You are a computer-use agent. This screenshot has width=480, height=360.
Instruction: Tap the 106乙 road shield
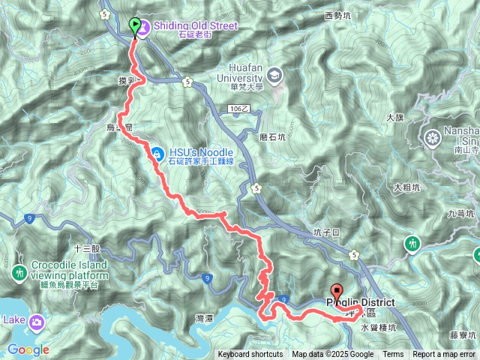tap(236, 109)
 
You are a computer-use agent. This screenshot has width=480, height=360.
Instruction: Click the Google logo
tap(28, 349)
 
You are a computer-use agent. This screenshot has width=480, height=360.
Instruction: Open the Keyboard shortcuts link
tap(250, 355)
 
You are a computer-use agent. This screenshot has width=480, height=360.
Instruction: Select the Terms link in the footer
tap(393, 355)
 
